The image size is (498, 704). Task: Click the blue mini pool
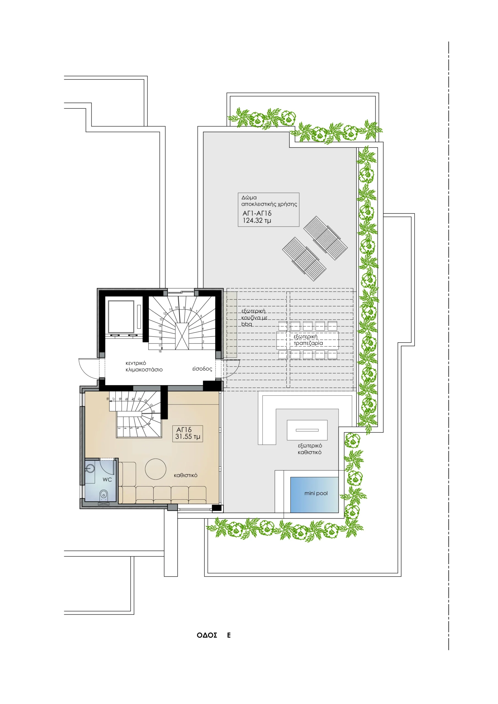[x=314, y=494]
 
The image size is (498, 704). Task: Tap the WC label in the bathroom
[x=107, y=480]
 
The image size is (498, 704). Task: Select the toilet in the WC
[x=104, y=494]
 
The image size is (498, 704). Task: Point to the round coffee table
[x=156, y=469]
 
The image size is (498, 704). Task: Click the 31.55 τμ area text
[x=187, y=437]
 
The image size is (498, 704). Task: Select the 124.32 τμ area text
[x=257, y=221]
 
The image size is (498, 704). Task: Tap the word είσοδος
[x=202, y=369]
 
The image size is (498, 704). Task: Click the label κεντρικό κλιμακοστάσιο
[x=144, y=366]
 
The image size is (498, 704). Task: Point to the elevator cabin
[x=121, y=317]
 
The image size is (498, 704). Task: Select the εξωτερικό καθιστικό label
[x=310, y=449]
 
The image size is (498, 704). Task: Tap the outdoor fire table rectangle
[x=307, y=430]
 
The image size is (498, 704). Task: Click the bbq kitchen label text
[x=254, y=318]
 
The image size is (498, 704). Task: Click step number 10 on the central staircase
[x=176, y=307]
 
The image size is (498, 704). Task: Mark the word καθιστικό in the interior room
[x=186, y=475]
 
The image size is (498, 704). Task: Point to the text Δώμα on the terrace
[x=249, y=198]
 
